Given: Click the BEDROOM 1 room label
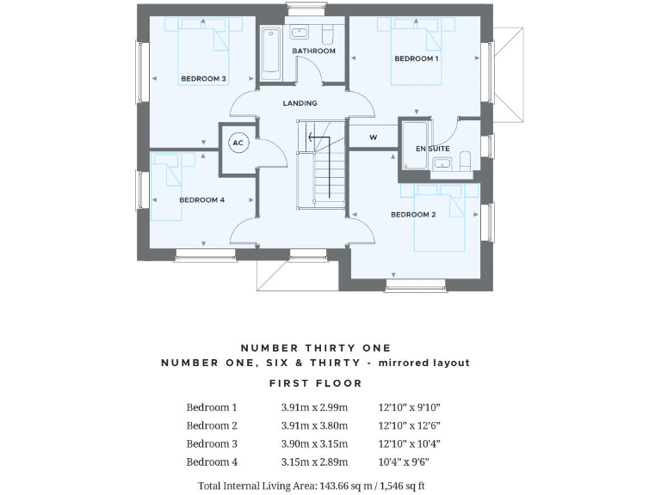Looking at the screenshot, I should click(417, 58).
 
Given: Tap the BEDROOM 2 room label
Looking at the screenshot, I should click(413, 214).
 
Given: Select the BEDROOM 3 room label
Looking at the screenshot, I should click(203, 79).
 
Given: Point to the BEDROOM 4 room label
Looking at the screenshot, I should click(201, 199).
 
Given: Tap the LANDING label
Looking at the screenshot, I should click(300, 103).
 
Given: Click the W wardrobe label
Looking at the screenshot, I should click(374, 137).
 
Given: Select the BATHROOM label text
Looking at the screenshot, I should click(313, 51).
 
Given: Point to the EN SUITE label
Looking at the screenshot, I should click(433, 149).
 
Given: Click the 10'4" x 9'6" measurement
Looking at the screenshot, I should click(403, 461).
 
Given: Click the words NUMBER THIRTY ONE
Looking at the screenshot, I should click(315, 348).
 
